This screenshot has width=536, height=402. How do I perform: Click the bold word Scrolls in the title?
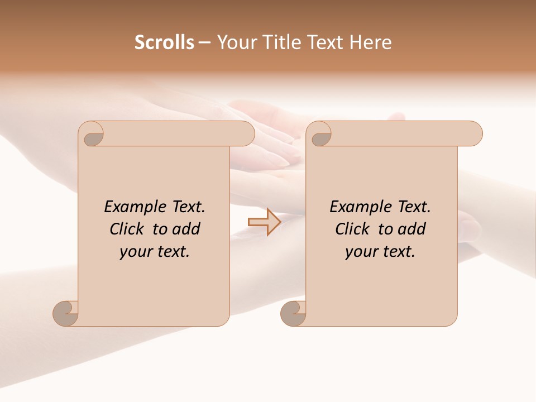[165, 42]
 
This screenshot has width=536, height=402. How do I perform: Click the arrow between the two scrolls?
[265, 222]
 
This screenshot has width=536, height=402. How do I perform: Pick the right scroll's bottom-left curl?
[294, 313]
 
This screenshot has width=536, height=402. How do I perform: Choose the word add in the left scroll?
[186, 229]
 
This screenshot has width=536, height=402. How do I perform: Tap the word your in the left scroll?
[134, 252]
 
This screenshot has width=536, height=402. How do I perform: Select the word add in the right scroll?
[411, 229]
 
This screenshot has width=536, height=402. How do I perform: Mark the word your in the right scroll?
[360, 252]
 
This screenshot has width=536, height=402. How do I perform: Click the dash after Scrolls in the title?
[204, 43]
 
